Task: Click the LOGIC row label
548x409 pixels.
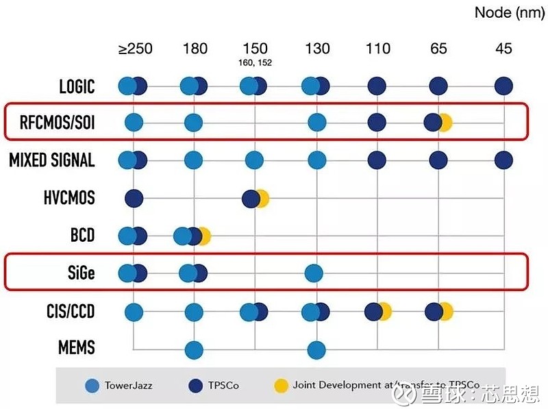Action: [x=77, y=86]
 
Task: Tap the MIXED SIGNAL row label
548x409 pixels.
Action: [x=51, y=160]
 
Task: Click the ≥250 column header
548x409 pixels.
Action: [x=135, y=49]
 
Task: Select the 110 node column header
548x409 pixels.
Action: [x=378, y=49]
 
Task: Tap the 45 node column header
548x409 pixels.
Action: [x=503, y=49]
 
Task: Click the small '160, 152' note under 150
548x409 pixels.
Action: [x=256, y=64]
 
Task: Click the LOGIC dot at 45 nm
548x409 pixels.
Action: [x=503, y=86]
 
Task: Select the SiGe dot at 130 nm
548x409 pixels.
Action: [x=316, y=273]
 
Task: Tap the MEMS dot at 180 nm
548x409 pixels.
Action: [x=194, y=349]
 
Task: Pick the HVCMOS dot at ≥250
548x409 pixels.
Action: [x=134, y=198]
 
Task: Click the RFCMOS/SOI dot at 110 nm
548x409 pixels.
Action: [x=376, y=123]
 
